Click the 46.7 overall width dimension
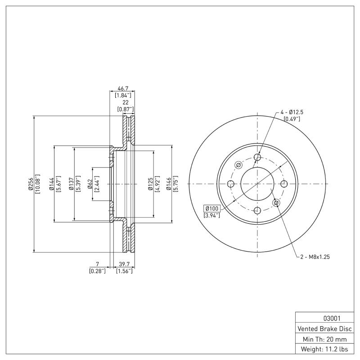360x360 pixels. point(122,88)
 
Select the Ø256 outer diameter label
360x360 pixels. point(31,184)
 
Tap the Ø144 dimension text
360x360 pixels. point(51,184)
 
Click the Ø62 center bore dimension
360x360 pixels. point(90,184)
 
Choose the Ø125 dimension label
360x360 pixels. point(151,184)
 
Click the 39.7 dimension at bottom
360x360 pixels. point(124,264)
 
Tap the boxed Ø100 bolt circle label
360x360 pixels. point(211,208)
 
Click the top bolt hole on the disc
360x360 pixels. point(257,157)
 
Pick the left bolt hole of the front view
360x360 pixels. point(231,184)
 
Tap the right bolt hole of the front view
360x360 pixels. point(284,184)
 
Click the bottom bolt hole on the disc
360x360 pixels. point(257,210)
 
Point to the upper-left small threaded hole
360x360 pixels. point(238,165)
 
